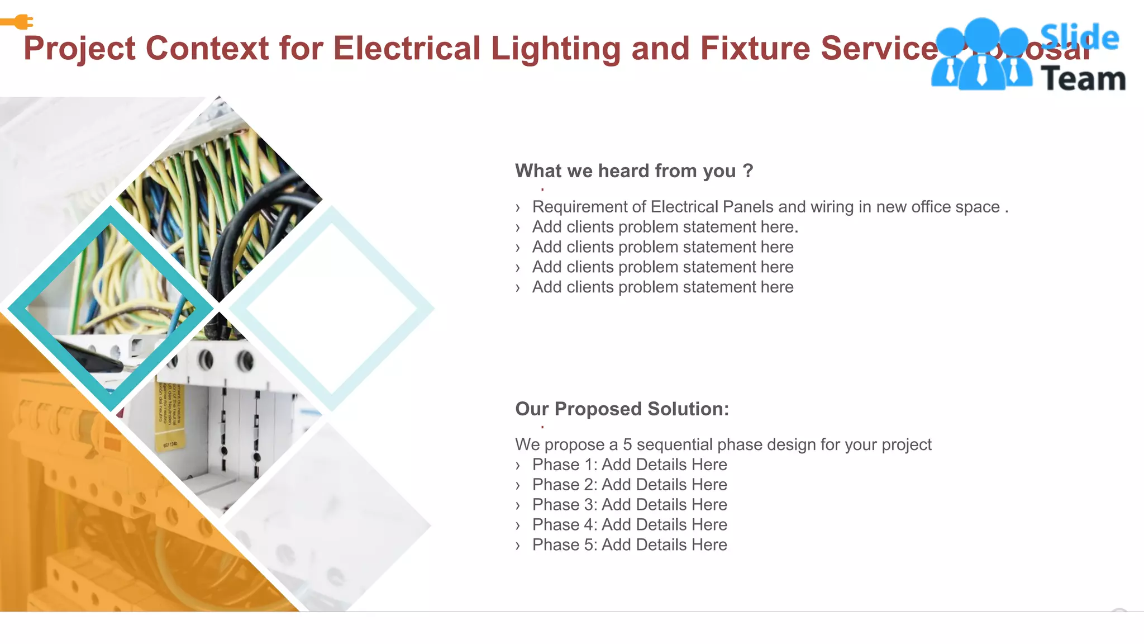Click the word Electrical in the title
point(407,48)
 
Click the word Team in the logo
point(1083,79)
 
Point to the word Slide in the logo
point(1079,38)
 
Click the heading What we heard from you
point(626,171)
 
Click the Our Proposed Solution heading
point(622,409)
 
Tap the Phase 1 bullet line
point(629,465)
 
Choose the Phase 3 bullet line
point(629,505)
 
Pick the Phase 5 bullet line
point(629,545)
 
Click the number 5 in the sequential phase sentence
point(627,445)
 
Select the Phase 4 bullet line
point(629,525)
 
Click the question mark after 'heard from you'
point(748,171)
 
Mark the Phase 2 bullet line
point(629,485)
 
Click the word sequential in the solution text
point(674,445)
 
